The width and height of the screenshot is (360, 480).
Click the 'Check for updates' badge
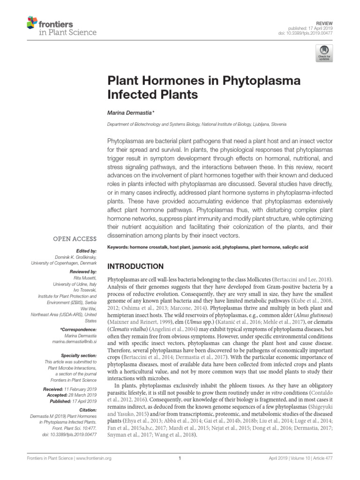[x=323, y=53]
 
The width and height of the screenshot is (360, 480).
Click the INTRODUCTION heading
[x=136, y=266]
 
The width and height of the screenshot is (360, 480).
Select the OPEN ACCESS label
[x=75, y=239]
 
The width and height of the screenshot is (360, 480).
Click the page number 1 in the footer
[x=180, y=458]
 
